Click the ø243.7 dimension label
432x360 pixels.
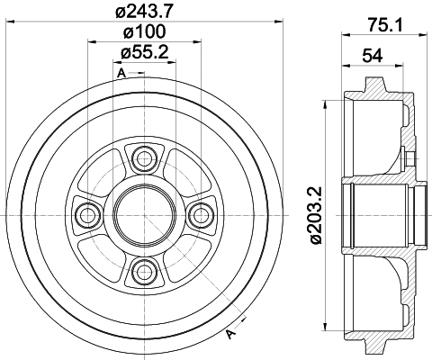tap(144, 11)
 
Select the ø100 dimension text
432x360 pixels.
tap(144, 31)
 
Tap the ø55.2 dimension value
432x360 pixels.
tap(144, 52)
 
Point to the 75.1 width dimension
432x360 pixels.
tap(385, 25)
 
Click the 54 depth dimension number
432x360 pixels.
tap(373, 56)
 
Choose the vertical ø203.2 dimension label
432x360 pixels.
tap(316, 215)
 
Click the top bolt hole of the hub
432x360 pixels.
tap(145, 158)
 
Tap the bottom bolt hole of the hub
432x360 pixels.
tap(145, 272)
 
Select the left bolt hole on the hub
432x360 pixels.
tap(87, 215)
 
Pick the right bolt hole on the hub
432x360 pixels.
tap(202, 215)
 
